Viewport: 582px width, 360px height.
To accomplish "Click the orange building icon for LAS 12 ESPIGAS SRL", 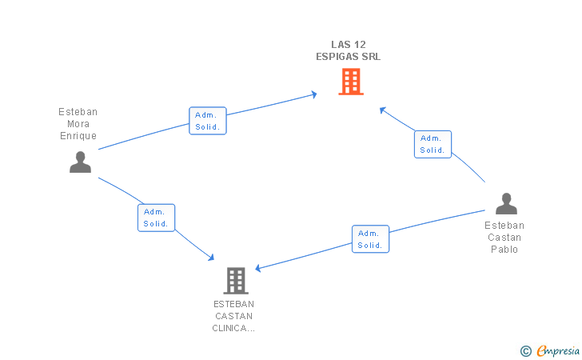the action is click(351, 82).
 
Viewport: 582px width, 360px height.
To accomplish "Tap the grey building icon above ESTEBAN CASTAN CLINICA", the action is click(236, 281).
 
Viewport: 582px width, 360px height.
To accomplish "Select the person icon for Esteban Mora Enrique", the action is click(80, 162).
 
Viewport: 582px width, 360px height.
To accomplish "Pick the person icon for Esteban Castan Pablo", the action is click(506, 203).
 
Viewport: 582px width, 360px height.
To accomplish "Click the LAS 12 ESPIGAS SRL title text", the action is click(349, 50).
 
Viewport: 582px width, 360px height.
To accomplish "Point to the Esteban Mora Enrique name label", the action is click(78, 124).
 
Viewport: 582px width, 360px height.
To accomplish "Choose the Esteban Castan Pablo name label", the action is click(504, 238).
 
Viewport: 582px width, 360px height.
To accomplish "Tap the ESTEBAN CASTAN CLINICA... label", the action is click(233, 316).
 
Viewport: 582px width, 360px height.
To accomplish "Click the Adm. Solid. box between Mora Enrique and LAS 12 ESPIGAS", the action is click(208, 121).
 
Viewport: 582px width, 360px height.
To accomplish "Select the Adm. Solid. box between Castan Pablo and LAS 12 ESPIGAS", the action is click(433, 144).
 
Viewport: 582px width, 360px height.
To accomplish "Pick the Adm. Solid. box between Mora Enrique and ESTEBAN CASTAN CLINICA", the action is click(156, 218).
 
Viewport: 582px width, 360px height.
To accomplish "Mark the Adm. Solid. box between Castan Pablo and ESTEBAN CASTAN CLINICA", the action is click(370, 239).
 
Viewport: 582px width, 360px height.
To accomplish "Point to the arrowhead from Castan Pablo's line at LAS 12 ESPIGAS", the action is click(382, 110).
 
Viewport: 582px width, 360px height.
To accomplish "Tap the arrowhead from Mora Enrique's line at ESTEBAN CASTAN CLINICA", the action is click(212, 257).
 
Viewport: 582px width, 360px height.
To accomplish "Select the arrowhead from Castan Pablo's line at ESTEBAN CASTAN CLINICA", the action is click(257, 268).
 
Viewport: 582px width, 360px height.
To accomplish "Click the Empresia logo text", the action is click(558, 350).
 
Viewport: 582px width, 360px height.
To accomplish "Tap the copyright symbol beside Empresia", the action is click(526, 351).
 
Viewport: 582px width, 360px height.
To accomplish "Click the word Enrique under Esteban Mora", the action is click(78, 136).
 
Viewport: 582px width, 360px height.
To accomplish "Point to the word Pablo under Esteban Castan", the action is click(504, 250).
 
